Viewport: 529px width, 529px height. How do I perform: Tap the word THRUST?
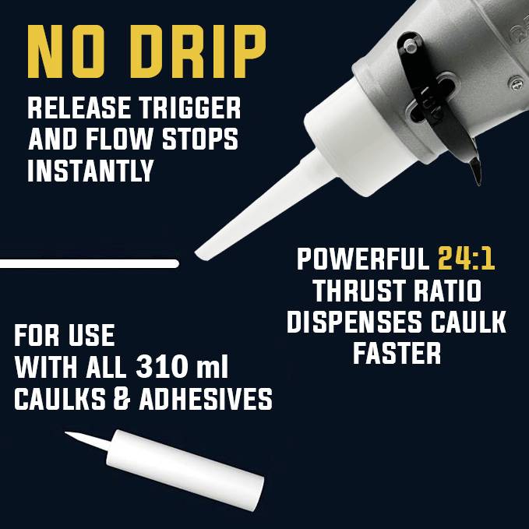(356, 291)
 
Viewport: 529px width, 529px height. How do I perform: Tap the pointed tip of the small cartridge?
(69, 433)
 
